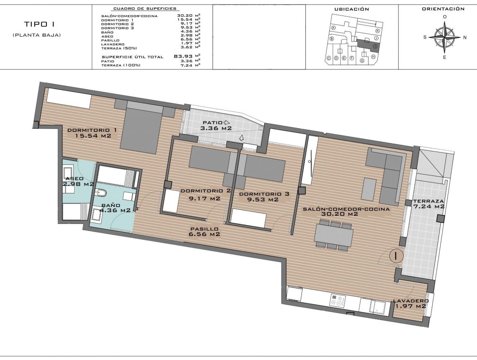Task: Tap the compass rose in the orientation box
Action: pos(444,37)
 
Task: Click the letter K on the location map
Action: pos(377,31)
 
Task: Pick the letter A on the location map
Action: pos(333,28)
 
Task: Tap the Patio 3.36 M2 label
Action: pos(216,126)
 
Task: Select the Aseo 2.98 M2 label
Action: pos(78,181)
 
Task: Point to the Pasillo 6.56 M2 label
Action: pos(204,231)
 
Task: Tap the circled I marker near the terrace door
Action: pos(395,255)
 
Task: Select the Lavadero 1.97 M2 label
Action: pos(410,303)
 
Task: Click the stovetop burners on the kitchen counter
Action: pos(338,300)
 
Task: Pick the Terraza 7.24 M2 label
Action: pos(428,203)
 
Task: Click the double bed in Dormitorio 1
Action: pos(140,128)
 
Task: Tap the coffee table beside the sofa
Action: pos(370,189)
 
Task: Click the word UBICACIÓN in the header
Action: pos(351,9)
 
